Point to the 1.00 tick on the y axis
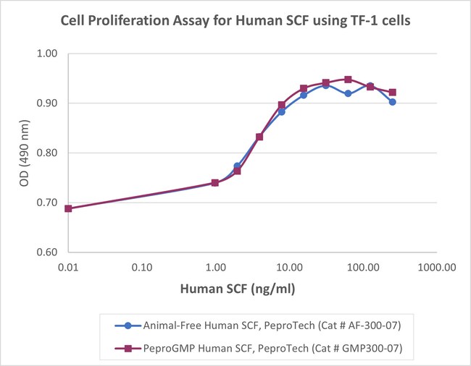tap(46, 54)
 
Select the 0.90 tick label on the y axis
tap(46, 103)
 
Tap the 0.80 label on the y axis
tap(46, 153)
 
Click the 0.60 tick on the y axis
tap(46, 252)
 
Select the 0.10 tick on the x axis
tap(143, 267)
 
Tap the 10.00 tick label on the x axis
tap(289, 267)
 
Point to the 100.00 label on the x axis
tap(362, 267)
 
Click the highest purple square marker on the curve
tap(349, 80)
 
